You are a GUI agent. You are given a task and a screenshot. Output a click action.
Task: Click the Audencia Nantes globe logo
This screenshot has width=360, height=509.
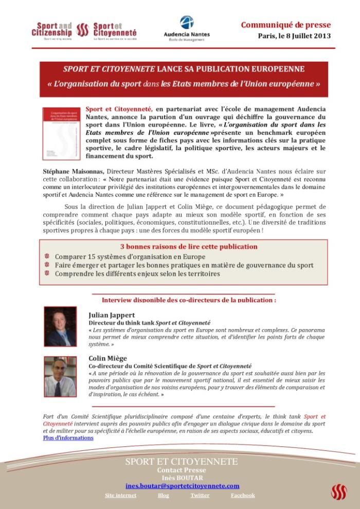[x=187, y=23]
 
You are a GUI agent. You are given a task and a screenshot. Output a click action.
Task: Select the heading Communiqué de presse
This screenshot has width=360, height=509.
[x=286, y=25]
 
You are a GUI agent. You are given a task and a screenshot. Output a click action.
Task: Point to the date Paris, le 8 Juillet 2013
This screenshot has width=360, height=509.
[x=294, y=36]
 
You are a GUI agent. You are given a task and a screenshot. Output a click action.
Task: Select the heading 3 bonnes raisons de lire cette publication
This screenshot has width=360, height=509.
[x=189, y=246]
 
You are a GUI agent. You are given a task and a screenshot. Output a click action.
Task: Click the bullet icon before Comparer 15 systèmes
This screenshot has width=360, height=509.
[x=47, y=256]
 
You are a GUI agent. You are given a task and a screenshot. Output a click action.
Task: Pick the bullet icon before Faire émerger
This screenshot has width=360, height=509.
[x=47, y=265]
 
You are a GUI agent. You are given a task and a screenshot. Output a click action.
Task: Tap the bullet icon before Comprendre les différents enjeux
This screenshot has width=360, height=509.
[x=47, y=274]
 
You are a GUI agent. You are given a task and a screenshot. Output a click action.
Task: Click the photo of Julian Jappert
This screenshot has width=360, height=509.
[x=60, y=326]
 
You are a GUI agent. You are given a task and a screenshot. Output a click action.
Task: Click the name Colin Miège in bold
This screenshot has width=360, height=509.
[x=108, y=358]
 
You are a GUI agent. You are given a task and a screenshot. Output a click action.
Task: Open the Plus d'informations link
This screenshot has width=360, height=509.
[x=68, y=438]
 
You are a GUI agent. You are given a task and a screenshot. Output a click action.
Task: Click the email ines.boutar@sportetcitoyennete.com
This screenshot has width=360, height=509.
[x=182, y=485]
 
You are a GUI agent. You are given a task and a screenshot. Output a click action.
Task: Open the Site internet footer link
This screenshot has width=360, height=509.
[x=120, y=495]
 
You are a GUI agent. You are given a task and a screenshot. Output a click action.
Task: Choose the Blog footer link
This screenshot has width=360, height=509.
[x=163, y=495]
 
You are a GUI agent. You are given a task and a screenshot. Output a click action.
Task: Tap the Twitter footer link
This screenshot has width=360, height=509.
[x=200, y=495]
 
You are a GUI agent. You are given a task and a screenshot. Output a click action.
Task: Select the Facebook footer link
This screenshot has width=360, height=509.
[x=242, y=495]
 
